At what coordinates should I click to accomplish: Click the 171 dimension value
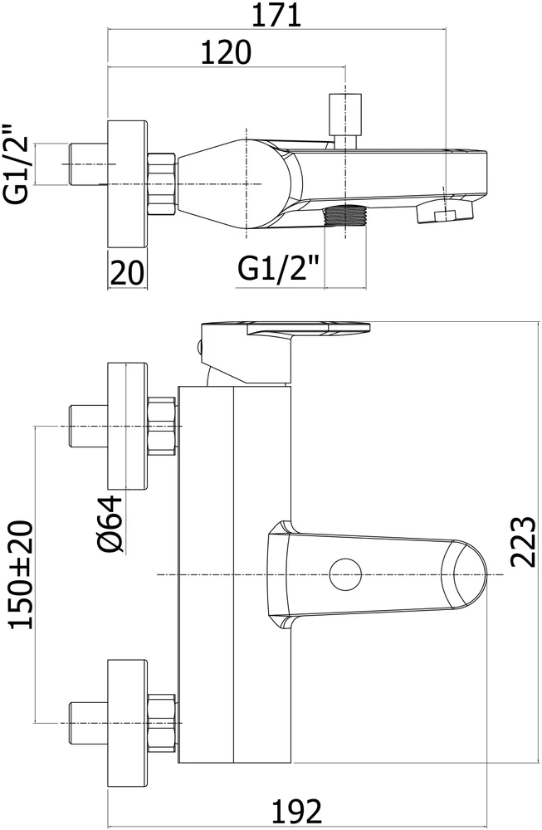(276, 15)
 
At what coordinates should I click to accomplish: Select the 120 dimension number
(226, 52)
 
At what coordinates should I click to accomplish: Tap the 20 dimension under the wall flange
(127, 273)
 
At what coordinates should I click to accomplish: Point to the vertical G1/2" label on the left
(15, 156)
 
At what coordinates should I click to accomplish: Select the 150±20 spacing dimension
(22, 574)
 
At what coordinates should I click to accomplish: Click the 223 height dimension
(524, 540)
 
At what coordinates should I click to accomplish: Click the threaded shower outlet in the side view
(344, 217)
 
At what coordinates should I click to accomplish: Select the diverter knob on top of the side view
(345, 121)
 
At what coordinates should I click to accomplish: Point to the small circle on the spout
(345, 574)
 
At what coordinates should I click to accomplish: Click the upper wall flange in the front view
(127, 426)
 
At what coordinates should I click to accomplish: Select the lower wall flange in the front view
(127, 723)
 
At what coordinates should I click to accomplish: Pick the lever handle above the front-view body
(284, 353)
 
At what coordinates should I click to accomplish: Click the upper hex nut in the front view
(161, 426)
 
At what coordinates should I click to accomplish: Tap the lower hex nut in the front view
(161, 723)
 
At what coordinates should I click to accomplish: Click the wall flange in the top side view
(127, 183)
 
